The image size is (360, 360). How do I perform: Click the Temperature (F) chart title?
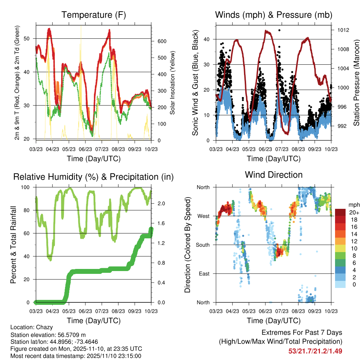click(93, 15)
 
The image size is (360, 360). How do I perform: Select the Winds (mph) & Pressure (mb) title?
click(274, 15)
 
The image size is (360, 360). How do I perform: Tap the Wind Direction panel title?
click(274, 175)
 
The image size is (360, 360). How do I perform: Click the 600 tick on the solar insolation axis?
click(162, 41)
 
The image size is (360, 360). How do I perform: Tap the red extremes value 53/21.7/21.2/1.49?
click(315, 351)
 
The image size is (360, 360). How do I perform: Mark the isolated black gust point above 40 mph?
click(279, 30)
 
